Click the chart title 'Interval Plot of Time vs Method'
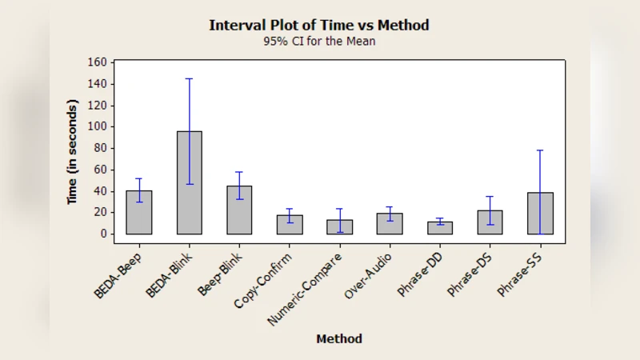pyautogui.click(x=319, y=25)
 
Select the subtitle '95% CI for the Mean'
pyautogui.click(x=319, y=42)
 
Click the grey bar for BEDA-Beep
pyautogui.click(x=139, y=214)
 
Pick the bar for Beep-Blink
pyautogui.click(x=239, y=212)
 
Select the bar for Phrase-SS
pyautogui.click(x=540, y=214)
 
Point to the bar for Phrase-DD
pyautogui.click(x=440, y=228)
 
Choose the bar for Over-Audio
pyautogui.click(x=390, y=224)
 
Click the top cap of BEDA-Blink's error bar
pyautogui.click(x=189, y=78)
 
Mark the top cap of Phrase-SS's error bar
pyautogui.click(x=540, y=150)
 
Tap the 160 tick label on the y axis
pyautogui.click(x=96, y=62)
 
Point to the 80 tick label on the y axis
pyautogui.click(x=99, y=148)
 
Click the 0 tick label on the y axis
pyautogui.click(x=102, y=234)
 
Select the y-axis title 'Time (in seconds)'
pyautogui.click(x=72, y=152)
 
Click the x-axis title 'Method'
pyautogui.click(x=339, y=338)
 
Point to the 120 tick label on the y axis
pyautogui.click(x=96, y=105)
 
